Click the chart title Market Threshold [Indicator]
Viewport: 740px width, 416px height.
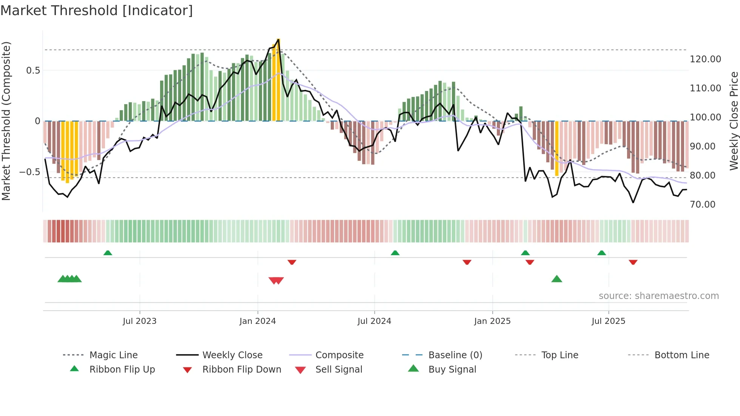click(97, 11)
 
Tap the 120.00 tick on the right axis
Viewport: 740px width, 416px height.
click(705, 59)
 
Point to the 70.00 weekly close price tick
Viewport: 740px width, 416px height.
click(702, 205)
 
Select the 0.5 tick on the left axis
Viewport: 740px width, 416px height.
click(33, 71)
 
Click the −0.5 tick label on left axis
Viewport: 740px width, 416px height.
click(30, 172)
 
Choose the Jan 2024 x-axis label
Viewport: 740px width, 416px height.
click(257, 321)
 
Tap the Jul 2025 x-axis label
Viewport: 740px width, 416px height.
click(608, 321)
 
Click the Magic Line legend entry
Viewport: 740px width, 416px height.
click(113, 355)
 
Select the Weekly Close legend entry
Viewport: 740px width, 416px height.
click(232, 355)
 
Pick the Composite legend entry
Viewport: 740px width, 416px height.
click(339, 355)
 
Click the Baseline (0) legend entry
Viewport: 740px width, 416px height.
click(455, 355)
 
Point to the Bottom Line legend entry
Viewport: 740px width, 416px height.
click(681, 355)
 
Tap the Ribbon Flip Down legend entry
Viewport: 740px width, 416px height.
click(242, 370)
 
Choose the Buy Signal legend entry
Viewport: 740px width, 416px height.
click(452, 370)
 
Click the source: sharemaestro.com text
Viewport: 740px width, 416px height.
click(658, 296)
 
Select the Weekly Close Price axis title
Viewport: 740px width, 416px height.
click(734, 121)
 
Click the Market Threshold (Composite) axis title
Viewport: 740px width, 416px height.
click(6, 121)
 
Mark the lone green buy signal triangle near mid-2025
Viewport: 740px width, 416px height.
click(557, 279)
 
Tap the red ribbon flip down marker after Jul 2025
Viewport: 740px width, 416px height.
click(633, 262)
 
